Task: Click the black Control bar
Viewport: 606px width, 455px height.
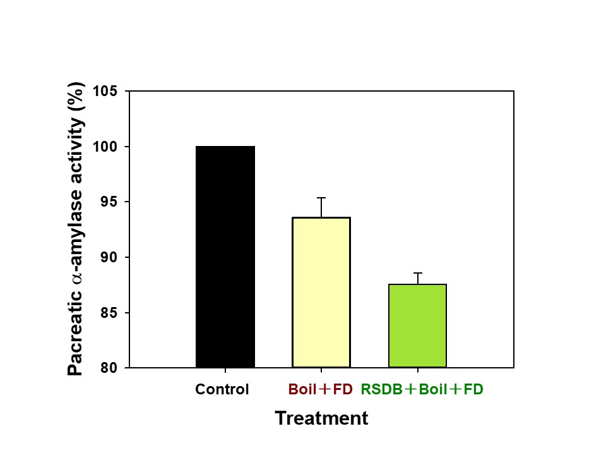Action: (x=225, y=257)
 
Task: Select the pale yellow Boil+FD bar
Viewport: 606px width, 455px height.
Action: (x=321, y=292)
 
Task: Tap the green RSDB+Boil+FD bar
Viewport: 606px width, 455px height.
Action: (x=417, y=325)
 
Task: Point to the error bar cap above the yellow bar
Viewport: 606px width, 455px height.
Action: (x=321, y=198)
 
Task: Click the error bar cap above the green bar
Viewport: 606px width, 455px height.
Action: (x=417, y=273)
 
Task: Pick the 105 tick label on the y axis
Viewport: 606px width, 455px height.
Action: (x=105, y=92)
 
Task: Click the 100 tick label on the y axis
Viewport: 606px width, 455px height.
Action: (x=105, y=147)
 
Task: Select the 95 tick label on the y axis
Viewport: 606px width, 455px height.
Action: (x=109, y=202)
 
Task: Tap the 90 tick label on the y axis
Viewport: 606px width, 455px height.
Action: (x=109, y=257)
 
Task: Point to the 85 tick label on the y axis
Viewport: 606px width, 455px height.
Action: (x=109, y=313)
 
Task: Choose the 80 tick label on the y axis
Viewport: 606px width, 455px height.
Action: (x=109, y=368)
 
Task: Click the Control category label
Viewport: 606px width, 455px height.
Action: (x=222, y=389)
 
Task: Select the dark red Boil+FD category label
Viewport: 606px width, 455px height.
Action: (x=320, y=389)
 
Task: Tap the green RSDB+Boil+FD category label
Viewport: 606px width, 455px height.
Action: (x=422, y=389)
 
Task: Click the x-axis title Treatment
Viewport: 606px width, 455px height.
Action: (x=321, y=418)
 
